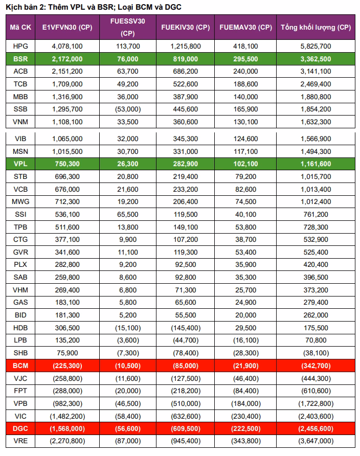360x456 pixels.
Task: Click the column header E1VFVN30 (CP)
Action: point(67,28)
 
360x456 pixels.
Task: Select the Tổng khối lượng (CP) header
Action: point(316,28)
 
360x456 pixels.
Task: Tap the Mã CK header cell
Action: point(21,28)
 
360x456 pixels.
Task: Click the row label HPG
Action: point(21,46)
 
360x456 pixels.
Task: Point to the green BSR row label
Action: point(21,59)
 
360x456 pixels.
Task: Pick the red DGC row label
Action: point(21,428)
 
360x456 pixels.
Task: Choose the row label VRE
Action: point(21,441)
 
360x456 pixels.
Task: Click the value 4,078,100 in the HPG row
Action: point(67,46)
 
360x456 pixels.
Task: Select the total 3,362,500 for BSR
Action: point(316,59)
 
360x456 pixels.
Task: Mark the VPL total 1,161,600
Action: point(316,164)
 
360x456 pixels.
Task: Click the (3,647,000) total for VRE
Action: point(316,441)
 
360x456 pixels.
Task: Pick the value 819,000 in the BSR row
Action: point(186,59)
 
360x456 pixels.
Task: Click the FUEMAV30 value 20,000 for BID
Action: point(245,315)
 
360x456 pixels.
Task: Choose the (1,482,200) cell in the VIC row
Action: point(67,416)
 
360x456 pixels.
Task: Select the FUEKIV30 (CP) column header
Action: point(185,28)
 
